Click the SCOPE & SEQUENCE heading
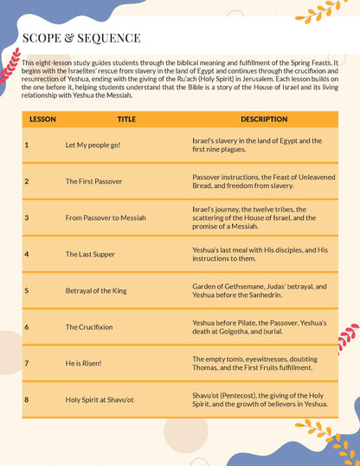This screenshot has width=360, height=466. coord(80,38)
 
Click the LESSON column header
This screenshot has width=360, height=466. coord(43,119)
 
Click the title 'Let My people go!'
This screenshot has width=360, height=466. coord(93,145)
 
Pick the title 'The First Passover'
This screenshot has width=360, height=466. coord(93,181)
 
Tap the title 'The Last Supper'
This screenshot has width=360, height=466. coord(91,254)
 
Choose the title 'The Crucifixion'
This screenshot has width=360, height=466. coord(89,327)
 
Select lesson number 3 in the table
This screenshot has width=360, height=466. coord(27,217)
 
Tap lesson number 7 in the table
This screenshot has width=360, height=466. coord(27,363)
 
